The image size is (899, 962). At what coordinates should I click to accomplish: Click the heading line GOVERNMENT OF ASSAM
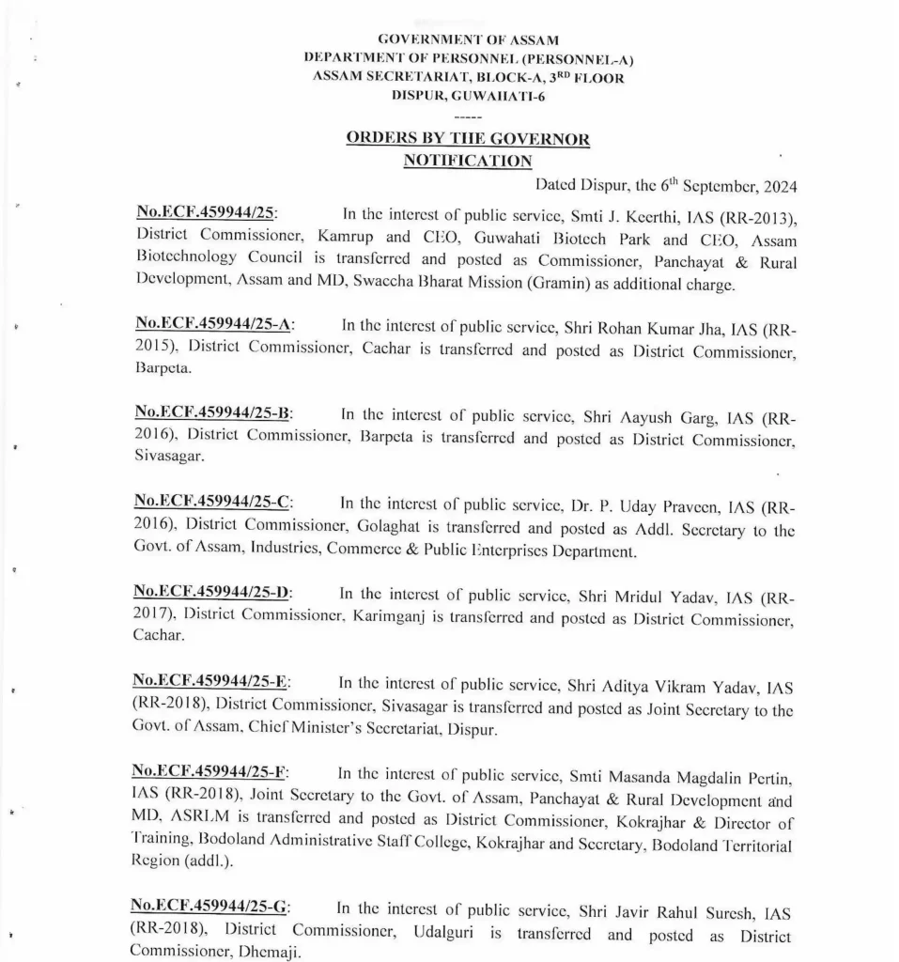pos(467,39)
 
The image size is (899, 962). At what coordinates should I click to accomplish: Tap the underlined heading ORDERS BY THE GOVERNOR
pos(468,139)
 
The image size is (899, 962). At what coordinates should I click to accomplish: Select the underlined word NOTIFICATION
pos(467,161)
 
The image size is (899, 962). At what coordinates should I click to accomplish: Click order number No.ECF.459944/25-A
pos(213,325)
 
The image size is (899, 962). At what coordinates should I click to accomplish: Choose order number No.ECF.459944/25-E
pos(211,681)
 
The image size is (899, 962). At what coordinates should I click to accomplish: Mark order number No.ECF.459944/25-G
pos(211,907)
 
